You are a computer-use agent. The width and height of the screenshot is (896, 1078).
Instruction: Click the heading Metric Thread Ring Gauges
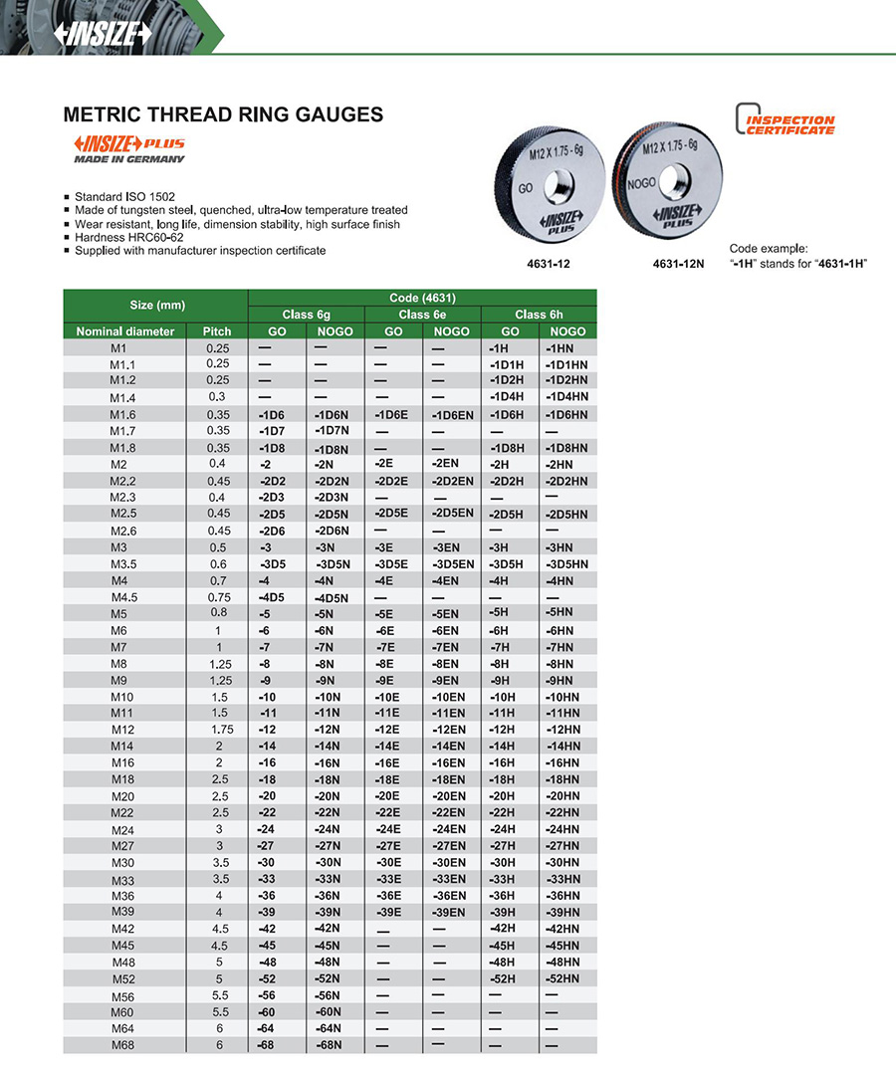tap(223, 114)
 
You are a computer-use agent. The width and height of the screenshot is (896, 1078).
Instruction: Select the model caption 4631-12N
tap(677, 266)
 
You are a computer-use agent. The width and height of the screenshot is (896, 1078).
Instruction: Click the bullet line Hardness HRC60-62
tap(130, 237)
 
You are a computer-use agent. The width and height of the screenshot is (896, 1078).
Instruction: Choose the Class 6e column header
tap(423, 315)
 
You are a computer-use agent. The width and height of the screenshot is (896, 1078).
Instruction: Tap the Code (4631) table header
tap(422, 299)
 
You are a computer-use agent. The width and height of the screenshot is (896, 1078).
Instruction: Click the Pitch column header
tap(216, 331)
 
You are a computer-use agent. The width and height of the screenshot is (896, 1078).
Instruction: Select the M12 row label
tap(123, 730)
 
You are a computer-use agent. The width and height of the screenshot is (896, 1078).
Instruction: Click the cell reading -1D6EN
tap(452, 414)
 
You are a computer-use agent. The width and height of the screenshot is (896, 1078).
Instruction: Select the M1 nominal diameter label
tap(123, 348)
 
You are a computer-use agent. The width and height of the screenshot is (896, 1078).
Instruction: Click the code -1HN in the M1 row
tap(560, 349)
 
